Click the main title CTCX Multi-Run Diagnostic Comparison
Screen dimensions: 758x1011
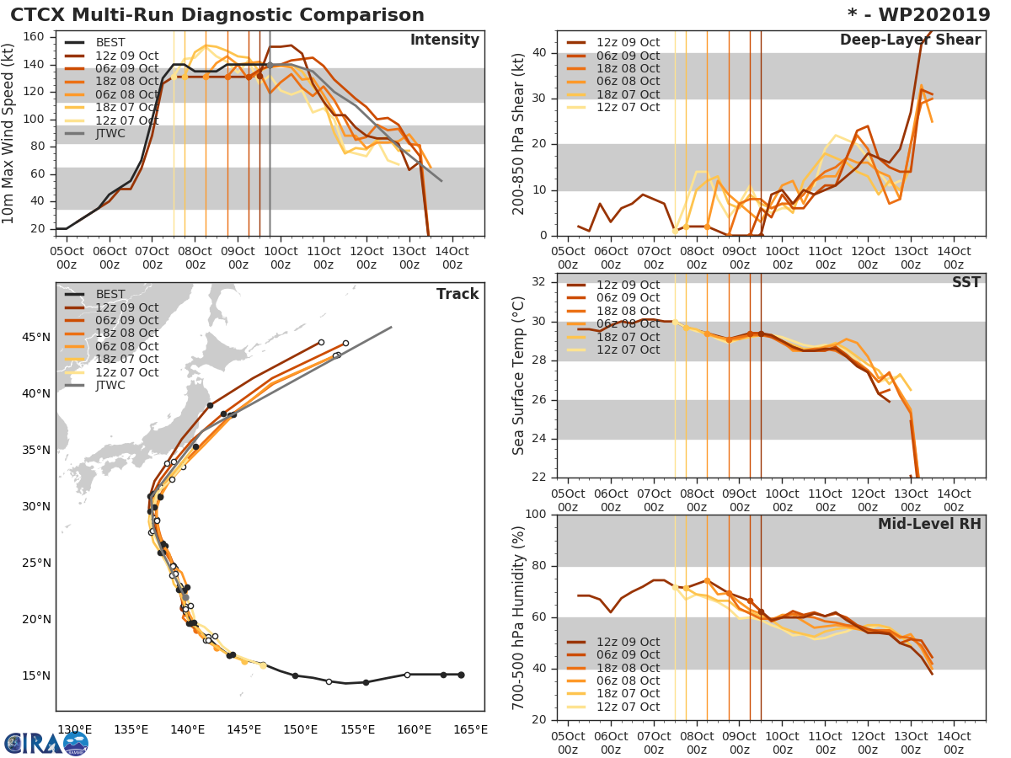coord(217,15)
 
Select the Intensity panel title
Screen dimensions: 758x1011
coord(444,40)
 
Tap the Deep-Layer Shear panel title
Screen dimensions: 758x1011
coord(910,40)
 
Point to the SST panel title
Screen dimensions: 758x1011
coord(966,282)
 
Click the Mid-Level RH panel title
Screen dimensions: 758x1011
coord(928,524)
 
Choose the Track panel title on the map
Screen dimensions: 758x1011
coord(457,294)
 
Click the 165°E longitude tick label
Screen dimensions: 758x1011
coord(470,729)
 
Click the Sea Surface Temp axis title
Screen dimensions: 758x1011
coord(519,376)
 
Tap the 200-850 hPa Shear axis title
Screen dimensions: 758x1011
coord(519,133)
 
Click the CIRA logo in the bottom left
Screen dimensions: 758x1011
coord(45,743)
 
